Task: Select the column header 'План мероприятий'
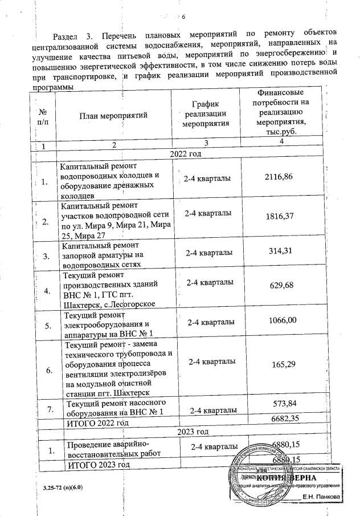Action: (x=113, y=116)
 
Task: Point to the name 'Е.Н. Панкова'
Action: (x=322, y=496)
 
